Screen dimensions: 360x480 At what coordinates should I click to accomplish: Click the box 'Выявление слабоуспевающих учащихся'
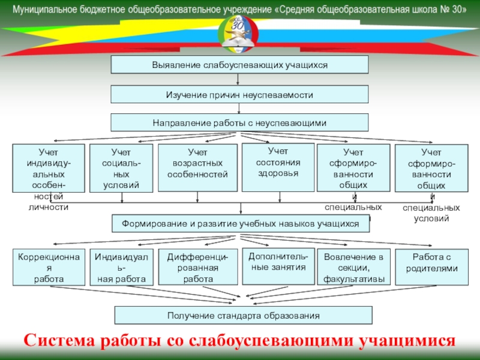(239, 64)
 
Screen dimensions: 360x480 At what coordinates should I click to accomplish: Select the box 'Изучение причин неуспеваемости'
(239, 94)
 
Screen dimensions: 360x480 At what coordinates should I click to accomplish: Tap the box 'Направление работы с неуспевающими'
(239, 123)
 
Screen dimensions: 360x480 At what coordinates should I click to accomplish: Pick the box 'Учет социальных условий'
(121, 168)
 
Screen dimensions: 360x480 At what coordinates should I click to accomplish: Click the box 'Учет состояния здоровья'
(278, 167)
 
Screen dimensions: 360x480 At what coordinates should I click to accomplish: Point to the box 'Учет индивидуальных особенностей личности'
(48, 168)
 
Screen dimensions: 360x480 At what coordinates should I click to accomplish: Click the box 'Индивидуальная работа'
(121, 267)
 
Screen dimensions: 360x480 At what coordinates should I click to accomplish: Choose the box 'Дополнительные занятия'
(278, 265)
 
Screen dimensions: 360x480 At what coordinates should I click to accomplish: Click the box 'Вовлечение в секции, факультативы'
(353, 267)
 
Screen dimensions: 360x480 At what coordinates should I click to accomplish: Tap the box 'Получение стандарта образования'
(243, 315)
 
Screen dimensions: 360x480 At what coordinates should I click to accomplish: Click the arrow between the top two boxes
(239, 79)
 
